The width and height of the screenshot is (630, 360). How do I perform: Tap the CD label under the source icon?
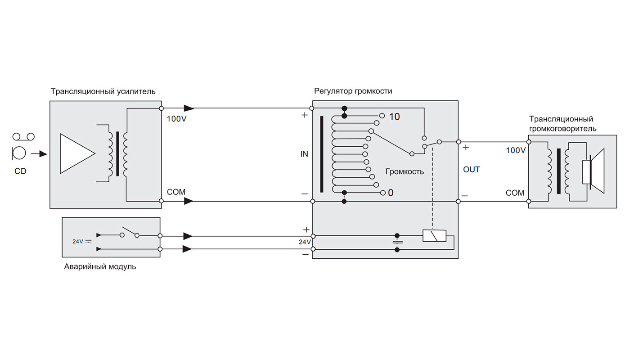[21, 171]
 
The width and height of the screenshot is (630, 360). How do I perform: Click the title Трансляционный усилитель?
[103, 91]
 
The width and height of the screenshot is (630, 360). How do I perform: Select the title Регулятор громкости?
[353, 91]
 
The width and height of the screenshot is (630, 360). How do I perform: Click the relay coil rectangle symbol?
[434, 236]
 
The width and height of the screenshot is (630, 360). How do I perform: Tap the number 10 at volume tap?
[394, 117]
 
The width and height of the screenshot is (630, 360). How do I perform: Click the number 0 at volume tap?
[391, 193]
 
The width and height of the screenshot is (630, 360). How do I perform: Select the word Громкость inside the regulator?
[405, 171]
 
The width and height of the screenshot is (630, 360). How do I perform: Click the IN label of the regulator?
[304, 154]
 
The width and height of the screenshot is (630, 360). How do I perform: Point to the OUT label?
[471, 170]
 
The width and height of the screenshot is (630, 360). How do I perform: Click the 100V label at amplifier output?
[176, 119]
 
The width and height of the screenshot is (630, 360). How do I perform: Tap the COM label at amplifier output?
[176, 192]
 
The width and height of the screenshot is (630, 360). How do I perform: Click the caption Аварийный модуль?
[100, 267]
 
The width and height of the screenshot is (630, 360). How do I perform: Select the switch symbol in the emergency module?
[130, 233]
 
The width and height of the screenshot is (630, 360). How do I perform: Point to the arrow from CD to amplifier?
[42, 154]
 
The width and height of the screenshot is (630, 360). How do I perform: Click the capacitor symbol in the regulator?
[396, 242]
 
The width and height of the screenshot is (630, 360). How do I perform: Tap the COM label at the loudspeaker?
[515, 193]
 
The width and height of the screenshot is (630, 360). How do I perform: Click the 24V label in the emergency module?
[78, 241]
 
